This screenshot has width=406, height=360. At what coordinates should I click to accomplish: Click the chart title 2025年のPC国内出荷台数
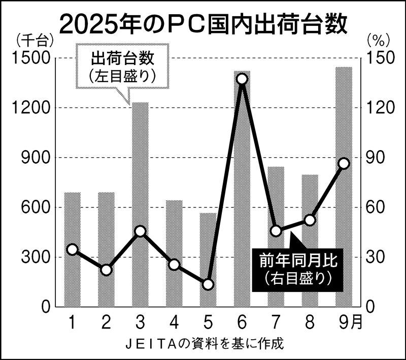pos(203,23)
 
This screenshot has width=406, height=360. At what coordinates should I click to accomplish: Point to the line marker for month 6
pos(242,79)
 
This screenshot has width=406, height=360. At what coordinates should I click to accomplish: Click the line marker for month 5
pos(208,284)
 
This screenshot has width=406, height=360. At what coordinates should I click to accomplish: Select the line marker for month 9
pos(344,163)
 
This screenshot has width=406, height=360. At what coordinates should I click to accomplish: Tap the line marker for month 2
pos(106,270)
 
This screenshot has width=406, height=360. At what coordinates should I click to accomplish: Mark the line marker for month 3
pos(140,232)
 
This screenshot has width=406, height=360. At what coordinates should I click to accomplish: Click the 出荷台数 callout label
pos(121,66)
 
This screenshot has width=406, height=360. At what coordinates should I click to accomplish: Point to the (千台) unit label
pos(31,40)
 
